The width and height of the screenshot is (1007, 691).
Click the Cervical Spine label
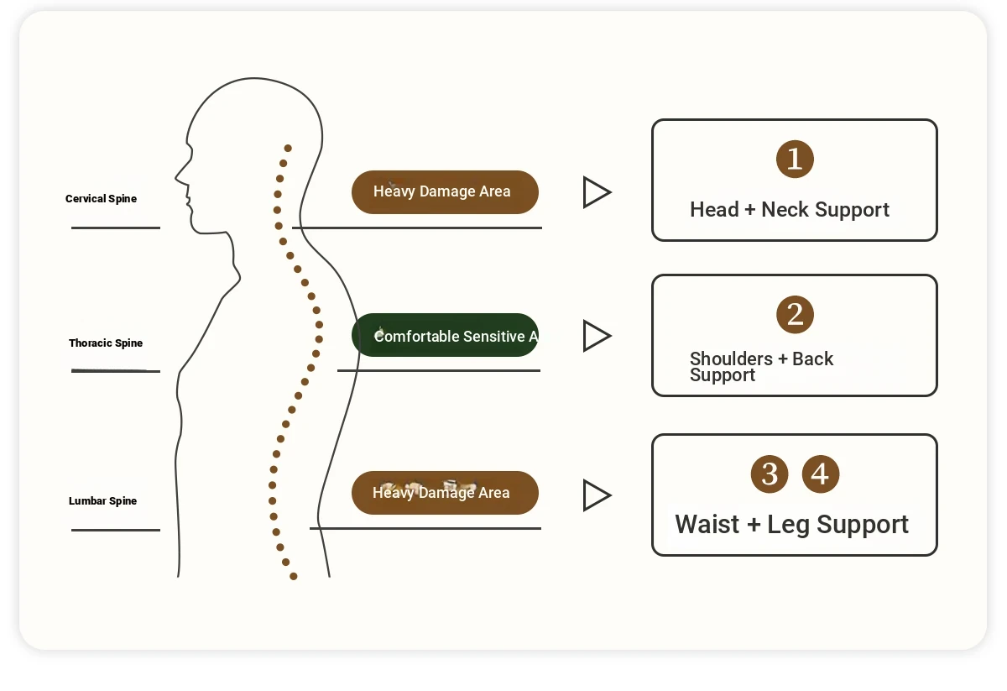tap(101, 199)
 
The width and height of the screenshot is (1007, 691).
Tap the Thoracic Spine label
tap(106, 343)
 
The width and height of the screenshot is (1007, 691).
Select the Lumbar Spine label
tap(102, 501)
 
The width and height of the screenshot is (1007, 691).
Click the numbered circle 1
tap(795, 160)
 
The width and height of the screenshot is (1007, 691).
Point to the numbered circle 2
tap(795, 315)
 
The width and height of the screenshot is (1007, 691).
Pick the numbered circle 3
tap(770, 474)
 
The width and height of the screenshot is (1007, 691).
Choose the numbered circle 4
tap(820, 474)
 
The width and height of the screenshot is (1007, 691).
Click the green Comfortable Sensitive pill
tap(445, 336)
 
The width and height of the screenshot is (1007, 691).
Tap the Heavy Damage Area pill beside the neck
tap(445, 192)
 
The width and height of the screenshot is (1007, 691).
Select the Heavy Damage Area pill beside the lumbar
tap(445, 493)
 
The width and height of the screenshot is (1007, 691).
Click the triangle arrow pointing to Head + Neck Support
tap(596, 192)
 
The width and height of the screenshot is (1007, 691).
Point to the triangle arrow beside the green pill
tap(596, 336)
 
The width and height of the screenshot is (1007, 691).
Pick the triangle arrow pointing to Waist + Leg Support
tap(596, 495)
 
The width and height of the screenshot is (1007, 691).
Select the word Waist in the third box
tap(707, 525)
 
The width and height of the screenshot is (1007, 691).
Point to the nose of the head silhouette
tap(177, 177)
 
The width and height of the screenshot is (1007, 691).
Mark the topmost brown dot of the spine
tap(288, 148)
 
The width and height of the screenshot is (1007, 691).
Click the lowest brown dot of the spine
tap(294, 576)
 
